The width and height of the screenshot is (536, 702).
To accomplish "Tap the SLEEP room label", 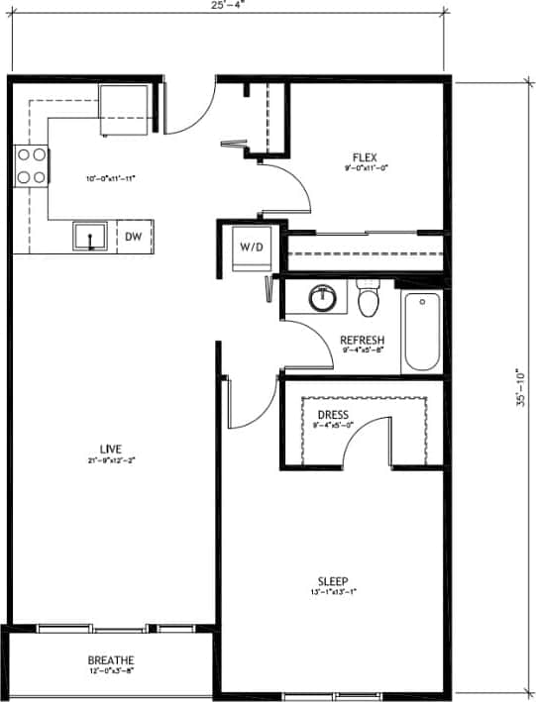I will click(x=332, y=581).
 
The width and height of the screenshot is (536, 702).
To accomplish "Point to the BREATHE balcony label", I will click(x=111, y=660).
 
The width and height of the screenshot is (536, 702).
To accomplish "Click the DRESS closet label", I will click(x=332, y=415).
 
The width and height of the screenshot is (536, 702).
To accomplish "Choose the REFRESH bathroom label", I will click(x=362, y=339).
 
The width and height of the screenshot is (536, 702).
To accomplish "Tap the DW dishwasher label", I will click(x=134, y=237).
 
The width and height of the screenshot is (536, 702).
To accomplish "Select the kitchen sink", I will click(x=91, y=238).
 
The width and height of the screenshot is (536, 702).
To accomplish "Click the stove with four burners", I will click(x=31, y=165).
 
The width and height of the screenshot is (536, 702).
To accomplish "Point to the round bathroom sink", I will click(x=322, y=297).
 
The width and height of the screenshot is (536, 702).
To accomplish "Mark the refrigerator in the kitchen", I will click(x=124, y=106).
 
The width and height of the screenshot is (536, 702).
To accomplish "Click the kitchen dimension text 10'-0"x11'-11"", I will click(x=109, y=178).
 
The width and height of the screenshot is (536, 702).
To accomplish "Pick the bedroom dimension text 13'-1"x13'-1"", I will click(x=332, y=593).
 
